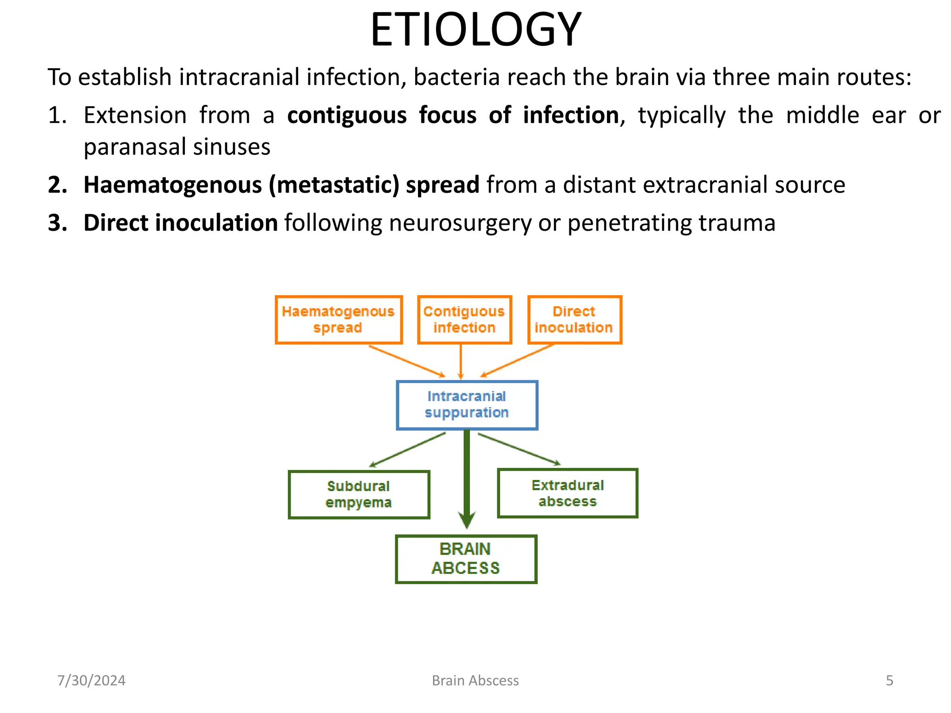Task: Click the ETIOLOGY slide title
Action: (x=475, y=30)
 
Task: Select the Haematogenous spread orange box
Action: (x=339, y=320)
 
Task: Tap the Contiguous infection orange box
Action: (x=464, y=320)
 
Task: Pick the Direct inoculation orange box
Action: (x=574, y=320)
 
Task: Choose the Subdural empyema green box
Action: (x=358, y=494)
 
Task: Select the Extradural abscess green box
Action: (x=567, y=493)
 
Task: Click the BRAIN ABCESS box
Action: (x=466, y=559)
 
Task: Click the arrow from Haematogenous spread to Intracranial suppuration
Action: (x=407, y=361)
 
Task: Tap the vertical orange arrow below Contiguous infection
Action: (x=461, y=362)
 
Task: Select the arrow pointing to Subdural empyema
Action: (x=407, y=450)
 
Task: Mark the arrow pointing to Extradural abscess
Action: (x=519, y=449)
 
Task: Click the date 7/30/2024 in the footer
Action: (x=91, y=681)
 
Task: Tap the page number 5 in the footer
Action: (x=889, y=681)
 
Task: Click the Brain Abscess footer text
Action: (x=475, y=681)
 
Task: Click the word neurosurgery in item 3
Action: (x=460, y=223)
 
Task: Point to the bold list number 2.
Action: (x=58, y=185)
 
